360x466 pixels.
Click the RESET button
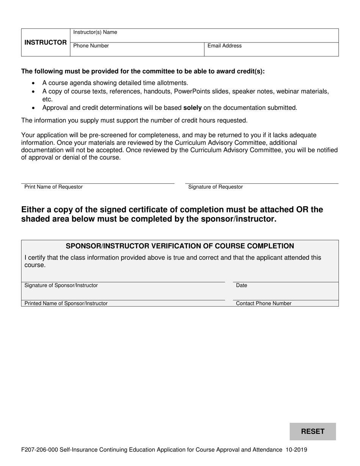tap(313, 431)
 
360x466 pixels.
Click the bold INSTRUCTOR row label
tap(45, 42)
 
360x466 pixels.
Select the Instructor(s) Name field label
tap(95, 32)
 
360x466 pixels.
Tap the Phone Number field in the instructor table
tap(91, 46)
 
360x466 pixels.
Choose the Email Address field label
tap(224, 46)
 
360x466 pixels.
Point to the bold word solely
tap(192, 108)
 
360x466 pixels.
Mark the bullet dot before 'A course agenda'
tap(34, 83)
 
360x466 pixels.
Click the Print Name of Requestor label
tap(53, 187)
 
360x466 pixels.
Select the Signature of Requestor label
tap(215, 187)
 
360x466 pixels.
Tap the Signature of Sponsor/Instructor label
tap(61, 285)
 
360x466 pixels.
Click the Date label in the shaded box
tap(241, 285)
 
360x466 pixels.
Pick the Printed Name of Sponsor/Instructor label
tap(66, 303)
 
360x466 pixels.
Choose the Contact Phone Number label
tap(264, 303)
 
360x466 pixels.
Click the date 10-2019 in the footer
tap(297, 450)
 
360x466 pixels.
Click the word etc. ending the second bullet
tap(47, 99)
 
